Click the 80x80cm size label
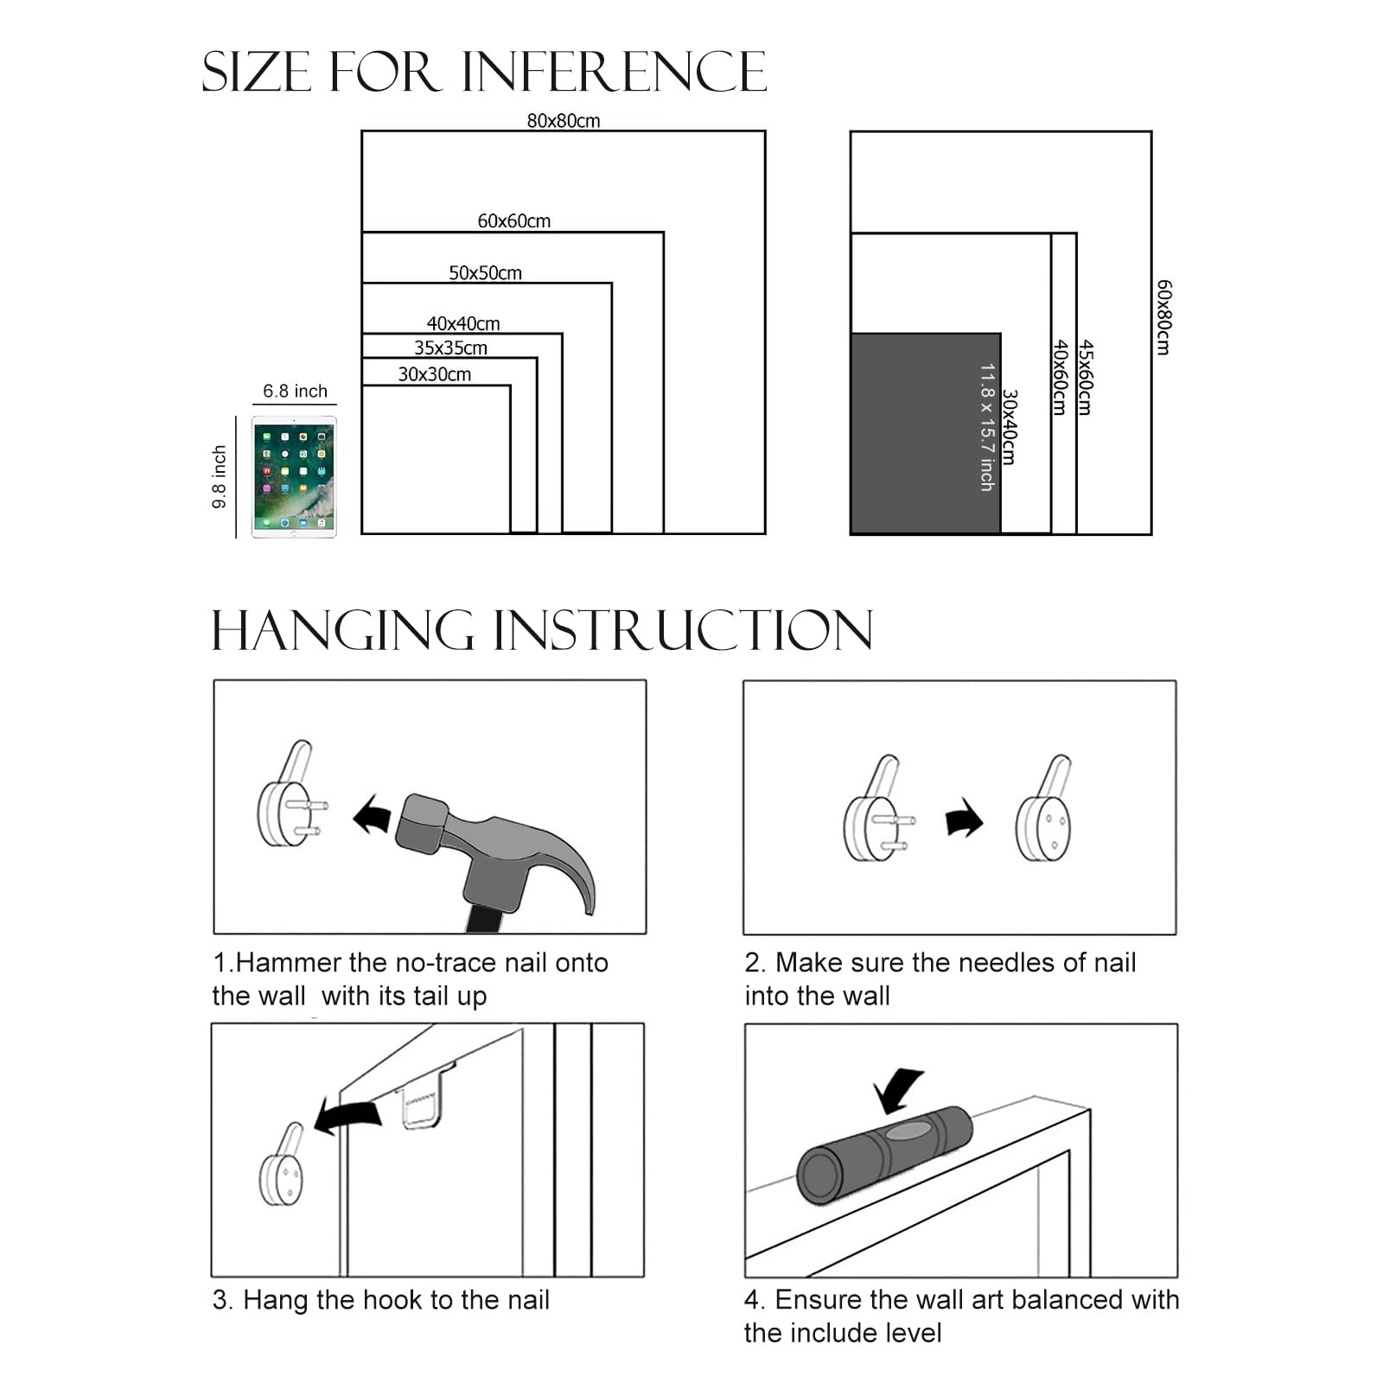coord(563,121)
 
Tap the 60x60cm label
coord(513,221)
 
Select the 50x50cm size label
coord(485,273)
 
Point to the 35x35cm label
coord(450,348)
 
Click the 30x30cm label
coord(434,374)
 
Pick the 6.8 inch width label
coord(295,391)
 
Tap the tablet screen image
coord(294,476)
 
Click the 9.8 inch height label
coord(220,476)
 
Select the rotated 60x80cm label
coord(1163,317)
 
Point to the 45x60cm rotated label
coord(1086,377)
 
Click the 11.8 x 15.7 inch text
coord(986,427)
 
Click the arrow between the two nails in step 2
coord(963,818)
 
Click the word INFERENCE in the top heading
coord(614,72)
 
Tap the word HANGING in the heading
coord(342,630)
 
